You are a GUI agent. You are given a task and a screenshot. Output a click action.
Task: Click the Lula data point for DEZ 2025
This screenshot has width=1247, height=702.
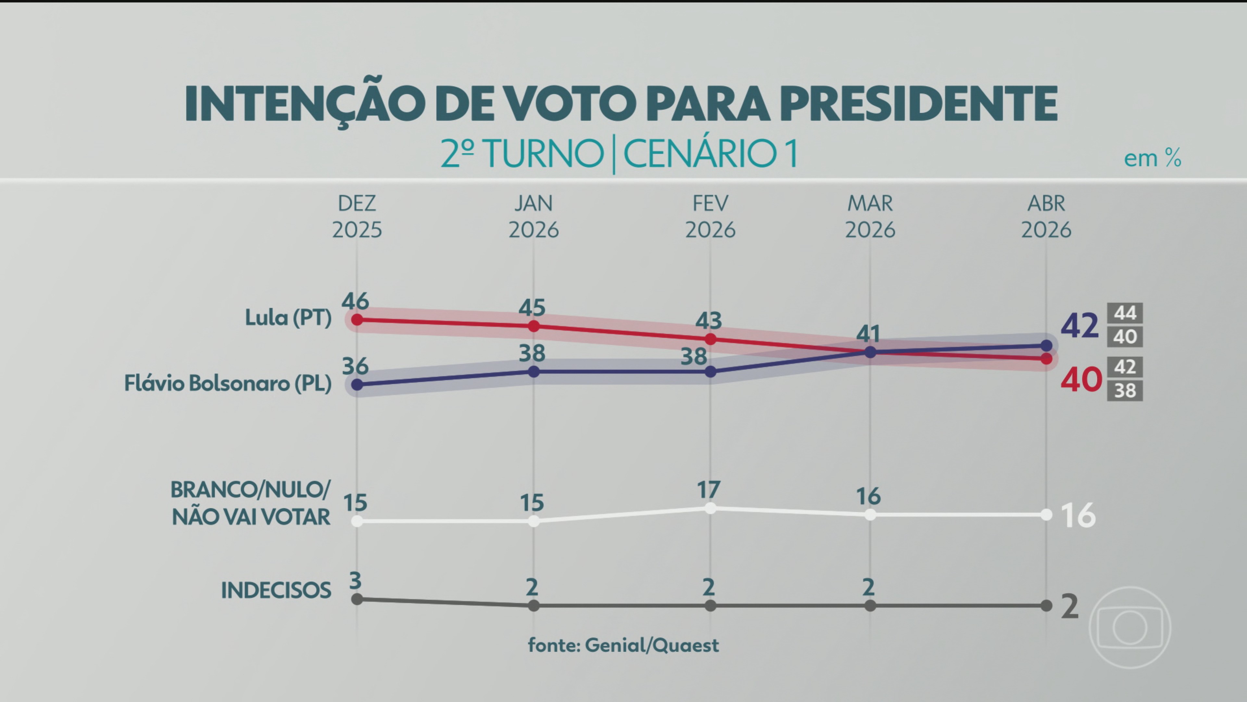(x=357, y=320)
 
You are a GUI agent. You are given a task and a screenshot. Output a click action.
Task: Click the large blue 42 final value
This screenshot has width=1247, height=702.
(x=1079, y=326)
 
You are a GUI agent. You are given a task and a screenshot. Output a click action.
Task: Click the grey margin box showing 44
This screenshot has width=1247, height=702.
(x=1125, y=313)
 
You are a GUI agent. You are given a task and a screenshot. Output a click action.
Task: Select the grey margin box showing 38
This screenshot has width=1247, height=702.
(x=1125, y=390)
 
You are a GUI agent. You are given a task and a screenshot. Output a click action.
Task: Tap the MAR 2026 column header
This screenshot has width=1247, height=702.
(x=870, y=216)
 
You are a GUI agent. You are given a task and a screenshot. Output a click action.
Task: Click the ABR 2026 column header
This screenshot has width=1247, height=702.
(x=1046, y=216)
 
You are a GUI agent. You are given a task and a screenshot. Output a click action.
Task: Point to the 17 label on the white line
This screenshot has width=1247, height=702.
(x=709, y=490)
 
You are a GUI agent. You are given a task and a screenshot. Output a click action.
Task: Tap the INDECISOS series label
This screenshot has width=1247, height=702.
(x=276, y=591)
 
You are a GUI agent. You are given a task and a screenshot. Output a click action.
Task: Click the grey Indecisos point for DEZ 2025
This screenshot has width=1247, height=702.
(x=357, y=599)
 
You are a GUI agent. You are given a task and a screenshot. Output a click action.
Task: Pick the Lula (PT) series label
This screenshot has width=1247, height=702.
(x=288, y=318)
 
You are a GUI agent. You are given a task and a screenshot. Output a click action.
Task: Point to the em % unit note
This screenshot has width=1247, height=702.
(x=1152, y=158)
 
